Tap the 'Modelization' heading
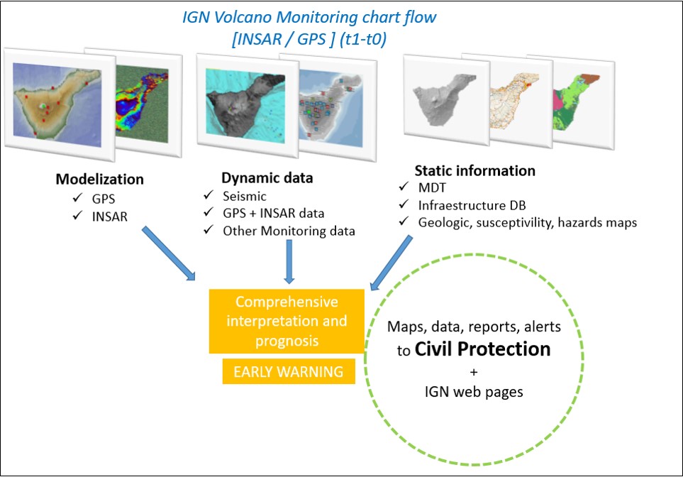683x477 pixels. pyautogui.click(x=100, y=179)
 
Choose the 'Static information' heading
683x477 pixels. pyautogui.click(x=474, y=171)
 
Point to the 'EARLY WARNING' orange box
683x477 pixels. pyautogui.click(x=289, y=371)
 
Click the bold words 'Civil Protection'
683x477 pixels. pyautogui.click(x=483, y=349)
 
